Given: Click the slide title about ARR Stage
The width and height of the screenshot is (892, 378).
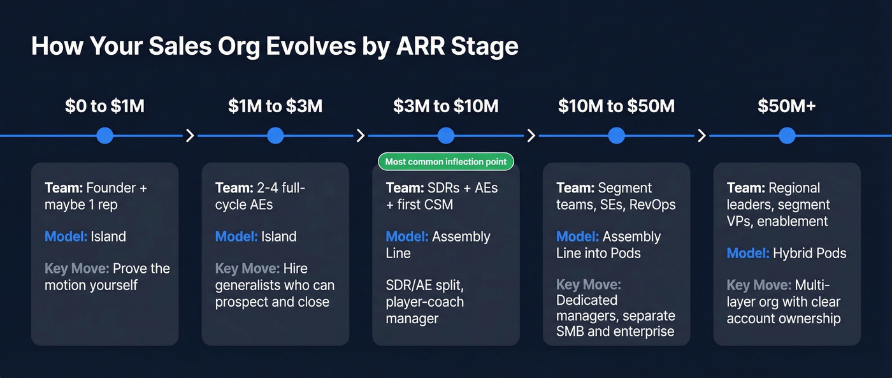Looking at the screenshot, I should click(x=274, y=47).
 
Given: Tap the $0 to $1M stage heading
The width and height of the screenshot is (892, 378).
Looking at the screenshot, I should click(x=104, y=106).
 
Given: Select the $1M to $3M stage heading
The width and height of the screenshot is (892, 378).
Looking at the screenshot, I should click(x=275, y=106).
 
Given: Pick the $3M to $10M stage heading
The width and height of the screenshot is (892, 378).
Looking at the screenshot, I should click(x=445, y=106).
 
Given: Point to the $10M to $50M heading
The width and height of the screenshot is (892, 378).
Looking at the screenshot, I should click(x=616, y=106).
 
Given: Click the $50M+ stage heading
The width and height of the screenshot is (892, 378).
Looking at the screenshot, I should click(x=786, y=106).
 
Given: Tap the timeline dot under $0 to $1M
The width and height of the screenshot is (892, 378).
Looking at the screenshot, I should click(x=104, y=135).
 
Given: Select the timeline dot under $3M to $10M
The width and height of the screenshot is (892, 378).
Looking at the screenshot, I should click(x=446, y=135).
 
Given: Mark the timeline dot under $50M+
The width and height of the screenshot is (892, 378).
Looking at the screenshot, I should click(x=787, y=135).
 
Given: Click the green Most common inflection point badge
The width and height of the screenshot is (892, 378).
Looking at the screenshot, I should click(x=446, y=162).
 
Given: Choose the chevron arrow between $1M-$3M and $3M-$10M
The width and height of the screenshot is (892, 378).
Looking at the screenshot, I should click(x=361, y=135).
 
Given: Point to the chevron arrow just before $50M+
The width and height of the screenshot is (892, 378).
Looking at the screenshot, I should click(x=701, y=135).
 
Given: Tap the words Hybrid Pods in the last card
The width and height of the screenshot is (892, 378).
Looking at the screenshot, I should click(x=809, y=253).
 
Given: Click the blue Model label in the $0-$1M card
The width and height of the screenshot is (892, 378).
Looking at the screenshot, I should click(x=66, y=236).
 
